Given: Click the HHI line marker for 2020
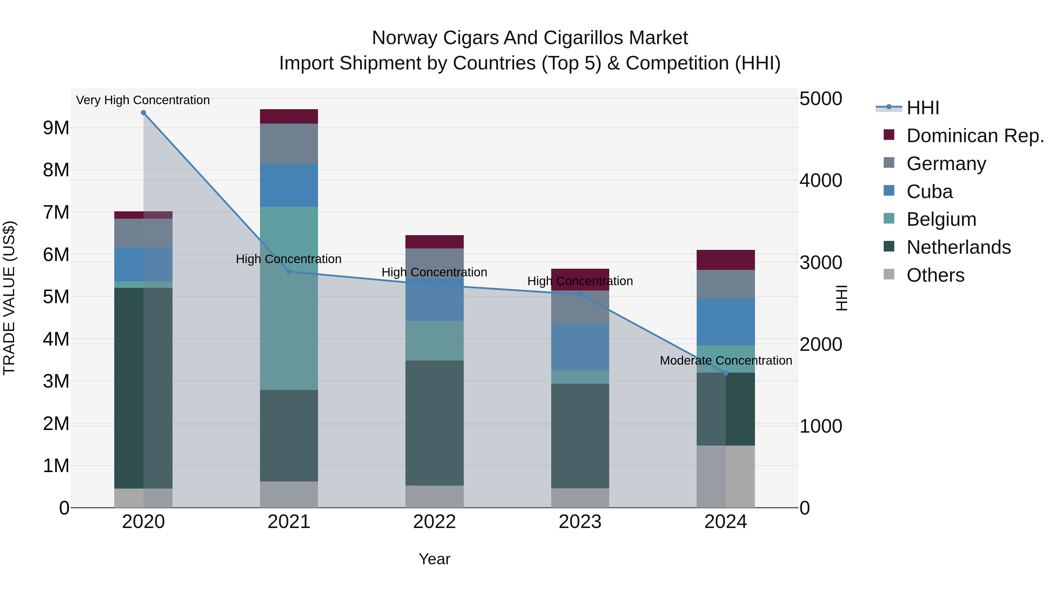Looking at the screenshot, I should coord(143,113).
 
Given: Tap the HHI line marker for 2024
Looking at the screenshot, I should coord(726,373).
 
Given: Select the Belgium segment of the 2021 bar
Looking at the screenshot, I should coord(289,298).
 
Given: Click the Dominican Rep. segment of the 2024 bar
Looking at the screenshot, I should coord(726,260).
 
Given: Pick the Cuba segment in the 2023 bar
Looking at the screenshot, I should coord(580,347).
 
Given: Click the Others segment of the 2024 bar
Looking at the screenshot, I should coord(726,476).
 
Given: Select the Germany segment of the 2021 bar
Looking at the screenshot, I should coord(289,144).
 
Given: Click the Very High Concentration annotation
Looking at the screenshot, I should coord(143,100).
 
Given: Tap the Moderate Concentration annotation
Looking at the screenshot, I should coord(726,360).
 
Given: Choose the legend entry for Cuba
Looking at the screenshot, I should coord(929,192).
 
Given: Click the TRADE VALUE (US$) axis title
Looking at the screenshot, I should coord(9,298).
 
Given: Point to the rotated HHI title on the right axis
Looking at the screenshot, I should coord(842,298).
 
